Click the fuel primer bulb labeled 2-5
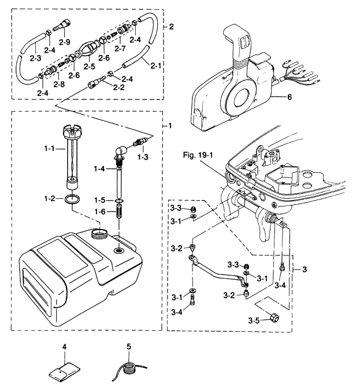click(x=87, y=50)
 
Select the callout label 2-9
click(x=65, y=42)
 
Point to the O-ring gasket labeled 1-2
click(x=72, y=199)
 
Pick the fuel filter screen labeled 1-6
click(x=119, y=212)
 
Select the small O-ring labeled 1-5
click(x=119, y=201)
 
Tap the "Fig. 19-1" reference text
click(x=198, y=155)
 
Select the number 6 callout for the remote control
click(x=290, y=97)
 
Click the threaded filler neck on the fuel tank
click(x=100, y=233)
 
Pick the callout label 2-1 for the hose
click(x=155, y=65)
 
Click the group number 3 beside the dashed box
click(x=305, y=269)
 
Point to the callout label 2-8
click(x=59, y=84)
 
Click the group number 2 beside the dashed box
click(x=171, y=27)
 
